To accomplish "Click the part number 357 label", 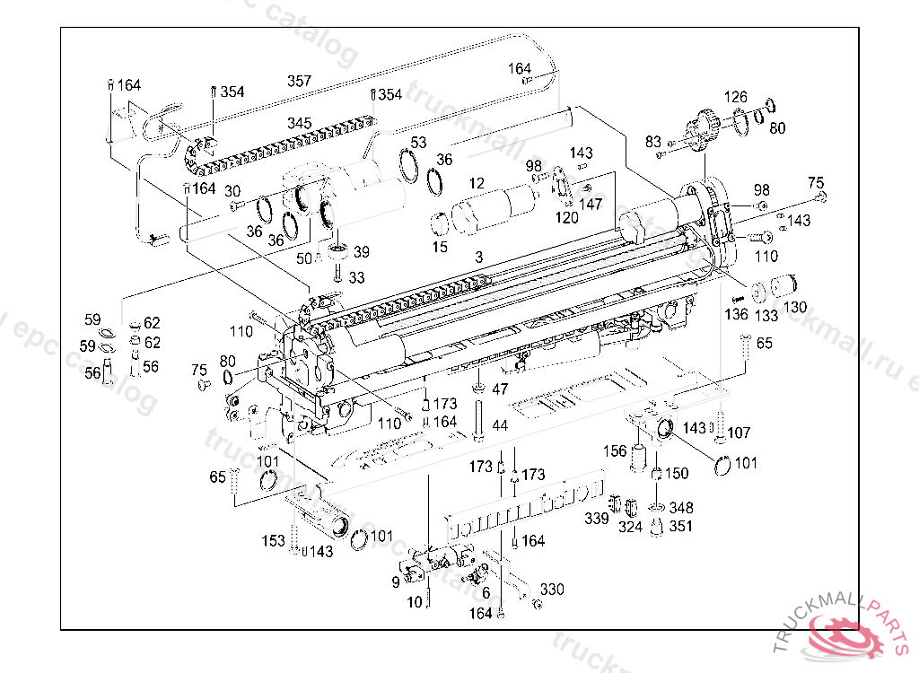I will click(299, 82).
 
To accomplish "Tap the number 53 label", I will click(418, 143).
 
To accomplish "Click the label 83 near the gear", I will click(652, 141).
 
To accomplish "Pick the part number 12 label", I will click(477, 184).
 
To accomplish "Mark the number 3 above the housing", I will click(479, 258).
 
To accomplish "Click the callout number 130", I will click(795, 307).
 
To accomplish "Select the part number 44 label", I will click(500, 423).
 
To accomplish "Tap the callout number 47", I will click(500, 389).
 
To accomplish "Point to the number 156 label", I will click(615, 450).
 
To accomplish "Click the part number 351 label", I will click(681, 527).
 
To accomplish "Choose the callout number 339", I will click(597, 520).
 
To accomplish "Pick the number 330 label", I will click(552, 589).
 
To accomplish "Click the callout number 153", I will click(273, 541).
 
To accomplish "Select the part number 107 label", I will click(739, 433).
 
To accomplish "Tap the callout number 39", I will click(361, 251).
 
